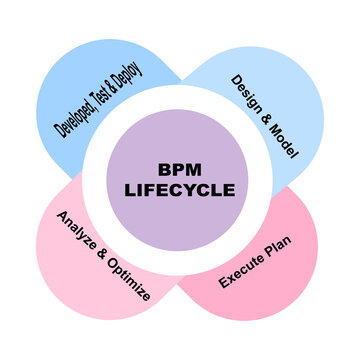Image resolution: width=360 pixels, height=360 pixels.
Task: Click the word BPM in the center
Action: coord(180,171)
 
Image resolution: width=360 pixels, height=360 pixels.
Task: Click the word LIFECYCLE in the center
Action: coord(180,189)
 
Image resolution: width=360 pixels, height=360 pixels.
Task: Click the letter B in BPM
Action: coord(162,171)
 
